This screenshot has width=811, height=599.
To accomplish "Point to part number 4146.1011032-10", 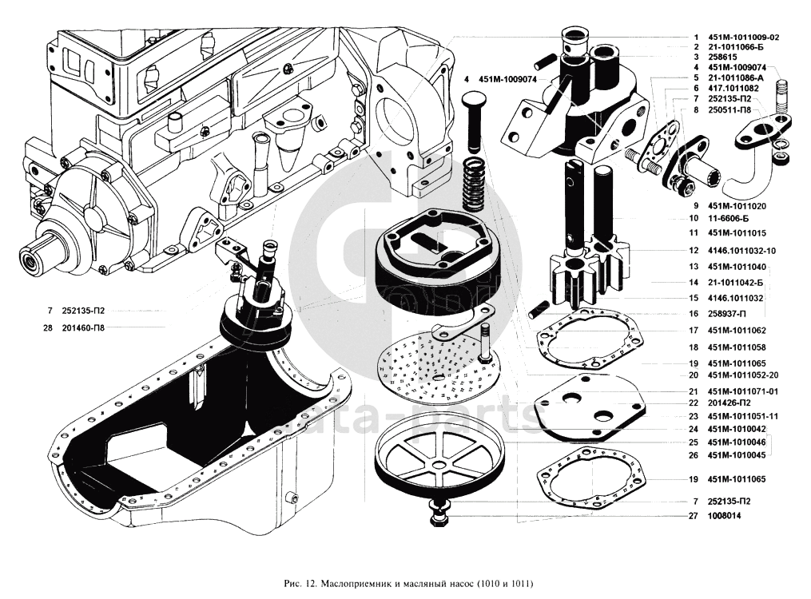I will [x=741, y=251].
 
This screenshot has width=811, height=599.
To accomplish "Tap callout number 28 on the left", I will [x=50, y=327].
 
